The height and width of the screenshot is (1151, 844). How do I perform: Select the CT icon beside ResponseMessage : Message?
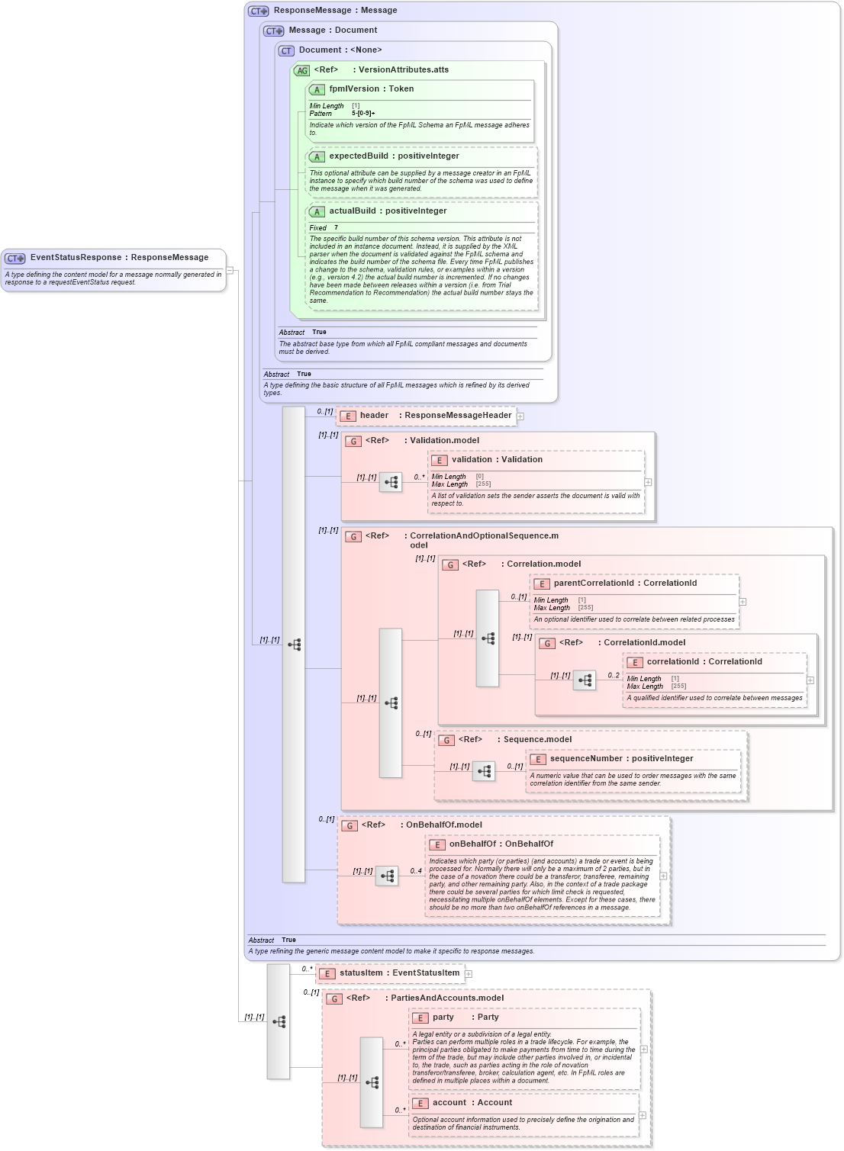[258, 11]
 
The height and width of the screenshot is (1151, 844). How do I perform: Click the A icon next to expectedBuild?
[317, 156]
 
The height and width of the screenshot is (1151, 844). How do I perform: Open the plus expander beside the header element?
[520, 416]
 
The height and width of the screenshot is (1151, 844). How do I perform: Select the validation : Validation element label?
[497, 460]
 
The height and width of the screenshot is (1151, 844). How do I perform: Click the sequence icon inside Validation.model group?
[391, 482]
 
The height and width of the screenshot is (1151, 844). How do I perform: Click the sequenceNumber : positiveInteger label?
[621, 759]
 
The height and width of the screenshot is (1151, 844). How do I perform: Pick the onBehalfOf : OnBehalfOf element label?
[501, 844]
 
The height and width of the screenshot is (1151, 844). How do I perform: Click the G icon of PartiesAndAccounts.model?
[334, 998]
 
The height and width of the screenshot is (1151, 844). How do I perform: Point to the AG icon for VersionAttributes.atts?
[302, 70]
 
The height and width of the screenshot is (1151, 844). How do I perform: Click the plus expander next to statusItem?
[469, 974]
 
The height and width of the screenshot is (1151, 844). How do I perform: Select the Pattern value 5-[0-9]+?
[363, 114]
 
